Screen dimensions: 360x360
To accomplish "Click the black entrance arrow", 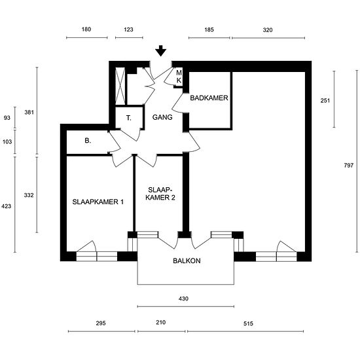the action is click(161, 51).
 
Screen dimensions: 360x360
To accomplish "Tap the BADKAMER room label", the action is click(209, 98).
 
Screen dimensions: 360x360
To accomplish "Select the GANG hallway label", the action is click(162, 117).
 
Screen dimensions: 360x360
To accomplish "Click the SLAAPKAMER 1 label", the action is click(98, 202).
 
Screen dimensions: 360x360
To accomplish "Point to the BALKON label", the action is click(187, 261).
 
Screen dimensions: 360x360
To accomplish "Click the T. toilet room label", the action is click(129, 118).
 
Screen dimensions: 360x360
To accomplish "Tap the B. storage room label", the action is click(88, 141).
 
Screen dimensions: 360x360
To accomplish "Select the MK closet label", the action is click(179, 77).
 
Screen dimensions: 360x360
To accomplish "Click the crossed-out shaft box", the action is click(120, 86).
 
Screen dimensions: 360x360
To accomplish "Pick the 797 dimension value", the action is click(348, 165).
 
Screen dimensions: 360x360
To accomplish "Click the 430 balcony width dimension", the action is click(183, 298).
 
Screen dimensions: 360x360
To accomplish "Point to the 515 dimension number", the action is click(248, 323).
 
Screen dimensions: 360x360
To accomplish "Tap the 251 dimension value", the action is click(325, 100).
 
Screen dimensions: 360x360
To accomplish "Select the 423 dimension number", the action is click(7, 206).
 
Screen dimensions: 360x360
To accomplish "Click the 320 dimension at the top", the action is click(268, 30).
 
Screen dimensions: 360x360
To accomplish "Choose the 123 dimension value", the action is click(128, 29).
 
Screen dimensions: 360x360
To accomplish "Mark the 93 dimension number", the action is click(7, 118).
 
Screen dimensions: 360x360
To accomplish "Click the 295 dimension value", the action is click(101, 323).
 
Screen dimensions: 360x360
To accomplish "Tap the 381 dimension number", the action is click(29, 113).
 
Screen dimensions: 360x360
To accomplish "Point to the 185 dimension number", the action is click(209, 29).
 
